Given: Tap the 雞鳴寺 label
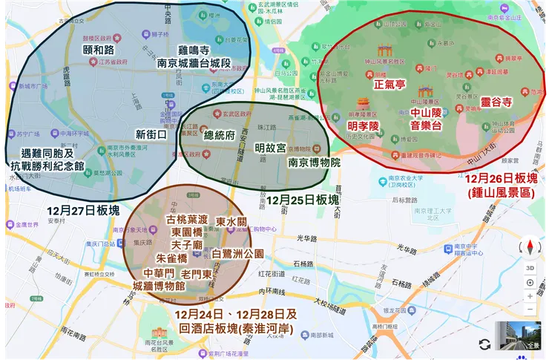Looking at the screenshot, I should click(x=191, y=49).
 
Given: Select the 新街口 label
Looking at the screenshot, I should click(x=151, y=134).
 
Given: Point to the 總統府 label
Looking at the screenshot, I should click(x=219, y=135).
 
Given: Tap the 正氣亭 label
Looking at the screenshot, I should click(x=389, y=85).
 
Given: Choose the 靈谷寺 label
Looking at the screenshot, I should click(x=496, y=102).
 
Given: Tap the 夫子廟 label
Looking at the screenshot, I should click(x=187, y=244).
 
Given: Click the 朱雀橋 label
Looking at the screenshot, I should click(x=172, y=258).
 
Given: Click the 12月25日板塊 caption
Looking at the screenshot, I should click(x=303, y=200).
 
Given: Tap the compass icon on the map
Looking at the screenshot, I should click(x=530, y=246).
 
